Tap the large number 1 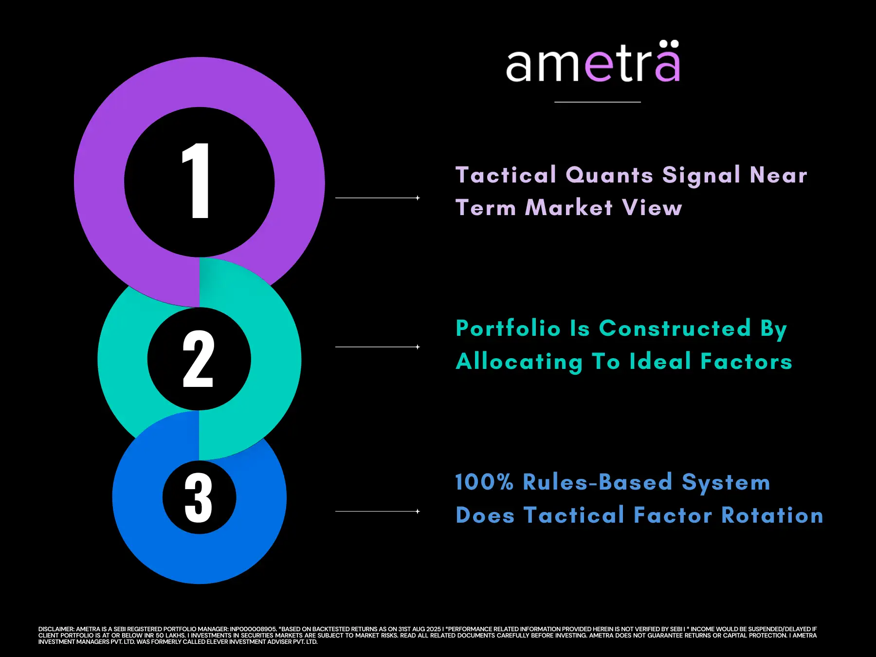coord(196,181)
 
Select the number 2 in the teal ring coord(198,359)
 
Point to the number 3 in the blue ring coord(199,498)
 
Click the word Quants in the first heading coord(609,175)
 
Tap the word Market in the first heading coord(569,208)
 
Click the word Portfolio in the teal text coord(508,328)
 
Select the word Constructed coord(675,328)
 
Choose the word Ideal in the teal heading coord(660,362)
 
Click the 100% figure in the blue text coord(484,482)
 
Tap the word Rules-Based coord(598,482)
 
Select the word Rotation coord(772,515)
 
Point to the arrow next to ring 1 coord(378,198)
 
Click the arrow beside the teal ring coord(378,347)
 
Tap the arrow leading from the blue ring coord(378,511)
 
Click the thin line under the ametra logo coord(598,102)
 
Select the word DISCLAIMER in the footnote coord(56,629)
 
